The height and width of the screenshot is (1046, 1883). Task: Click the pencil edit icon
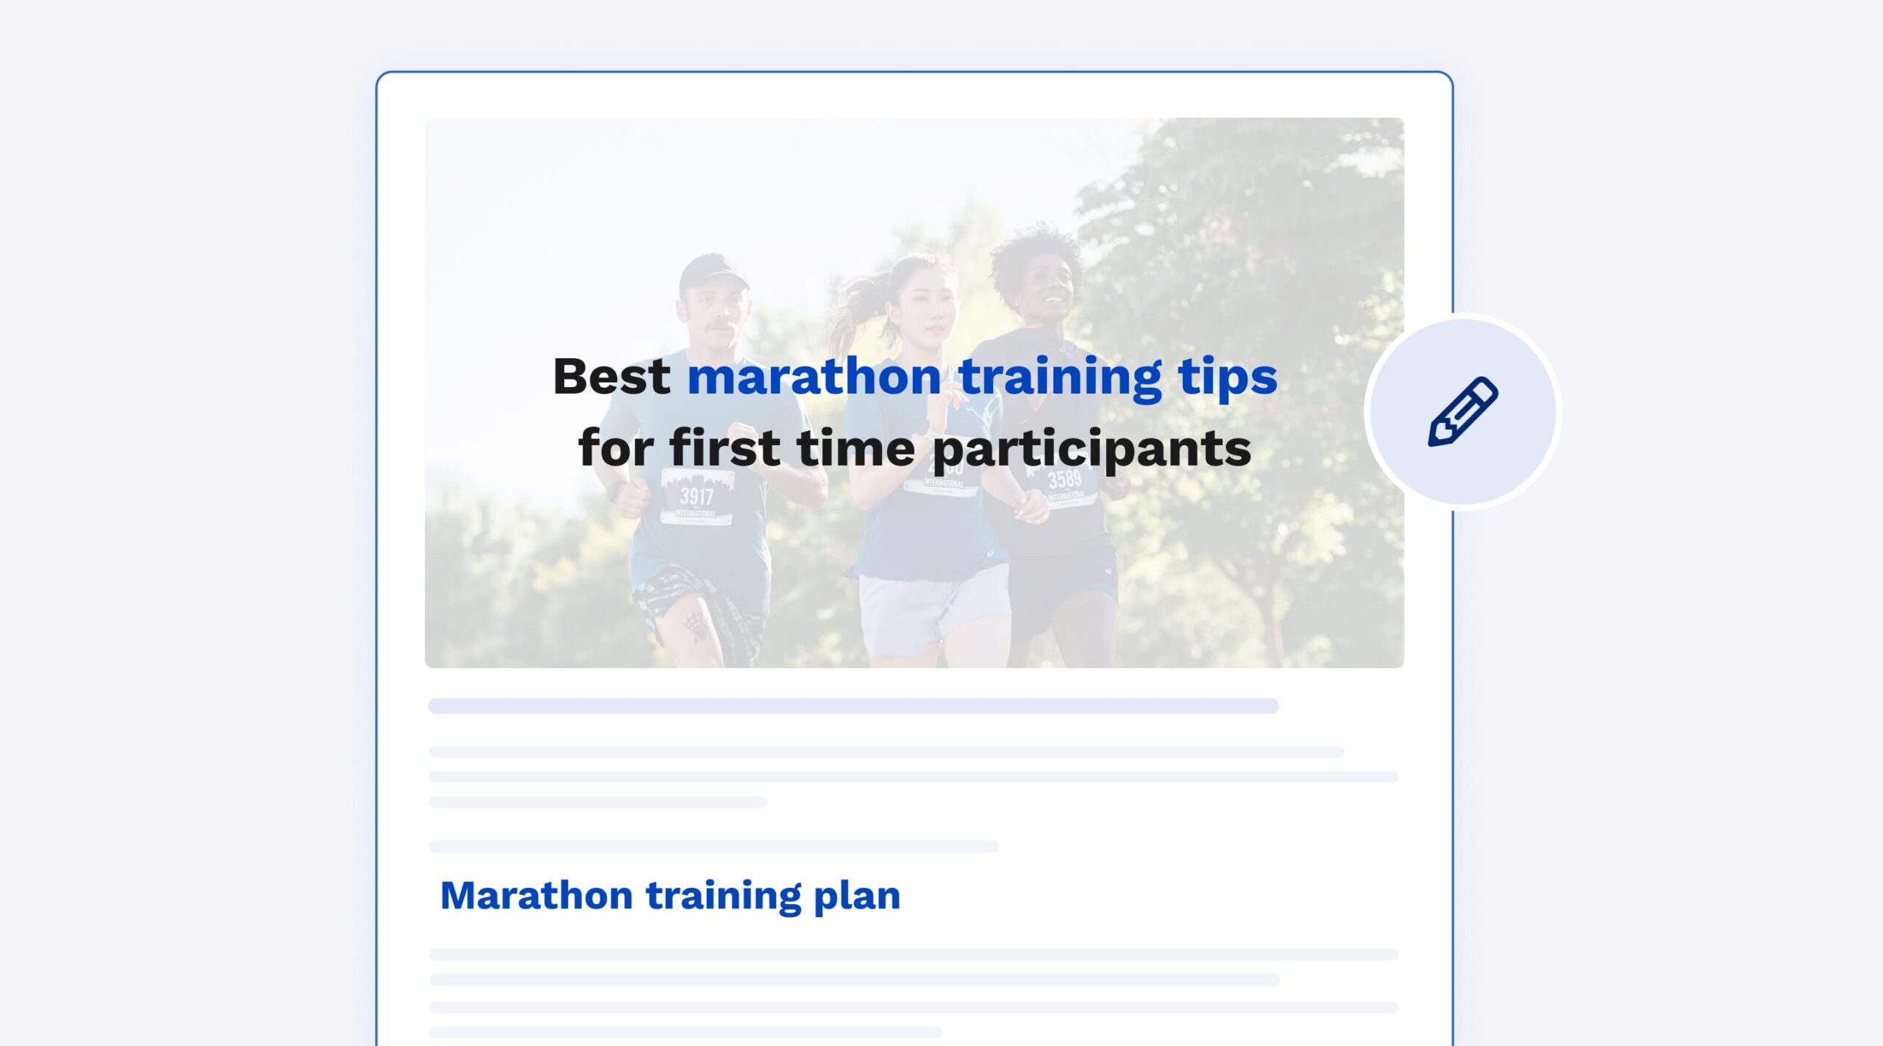coord(1463,411)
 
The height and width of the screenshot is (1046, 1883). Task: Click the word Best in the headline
coord(611,377)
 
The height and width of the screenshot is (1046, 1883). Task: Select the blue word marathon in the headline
coord(814,377)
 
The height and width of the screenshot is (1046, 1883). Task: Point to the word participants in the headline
coord(1092,449)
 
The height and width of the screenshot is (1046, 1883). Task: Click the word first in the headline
coord(725,447)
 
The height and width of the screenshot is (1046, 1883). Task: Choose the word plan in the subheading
coord(857,897)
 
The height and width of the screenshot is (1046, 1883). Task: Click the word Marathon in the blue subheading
coord(536,895)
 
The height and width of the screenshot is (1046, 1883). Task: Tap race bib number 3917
coord(696,497)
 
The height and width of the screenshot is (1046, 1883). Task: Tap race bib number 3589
coord(1065,481)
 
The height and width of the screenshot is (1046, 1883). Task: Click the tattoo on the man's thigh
coord(694,625)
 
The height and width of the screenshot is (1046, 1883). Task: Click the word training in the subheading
coord(723,897)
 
